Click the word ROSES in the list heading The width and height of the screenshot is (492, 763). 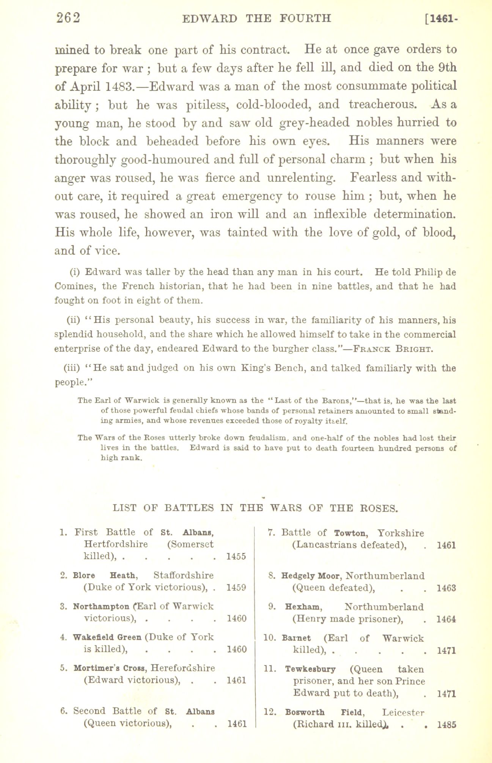tap(378, 508)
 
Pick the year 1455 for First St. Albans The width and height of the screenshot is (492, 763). tap(236, 557)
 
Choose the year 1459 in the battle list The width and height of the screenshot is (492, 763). tap(236, 588)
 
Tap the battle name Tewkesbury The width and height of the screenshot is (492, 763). tap(310, 669)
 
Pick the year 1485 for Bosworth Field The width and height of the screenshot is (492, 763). tap(446, 724)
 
